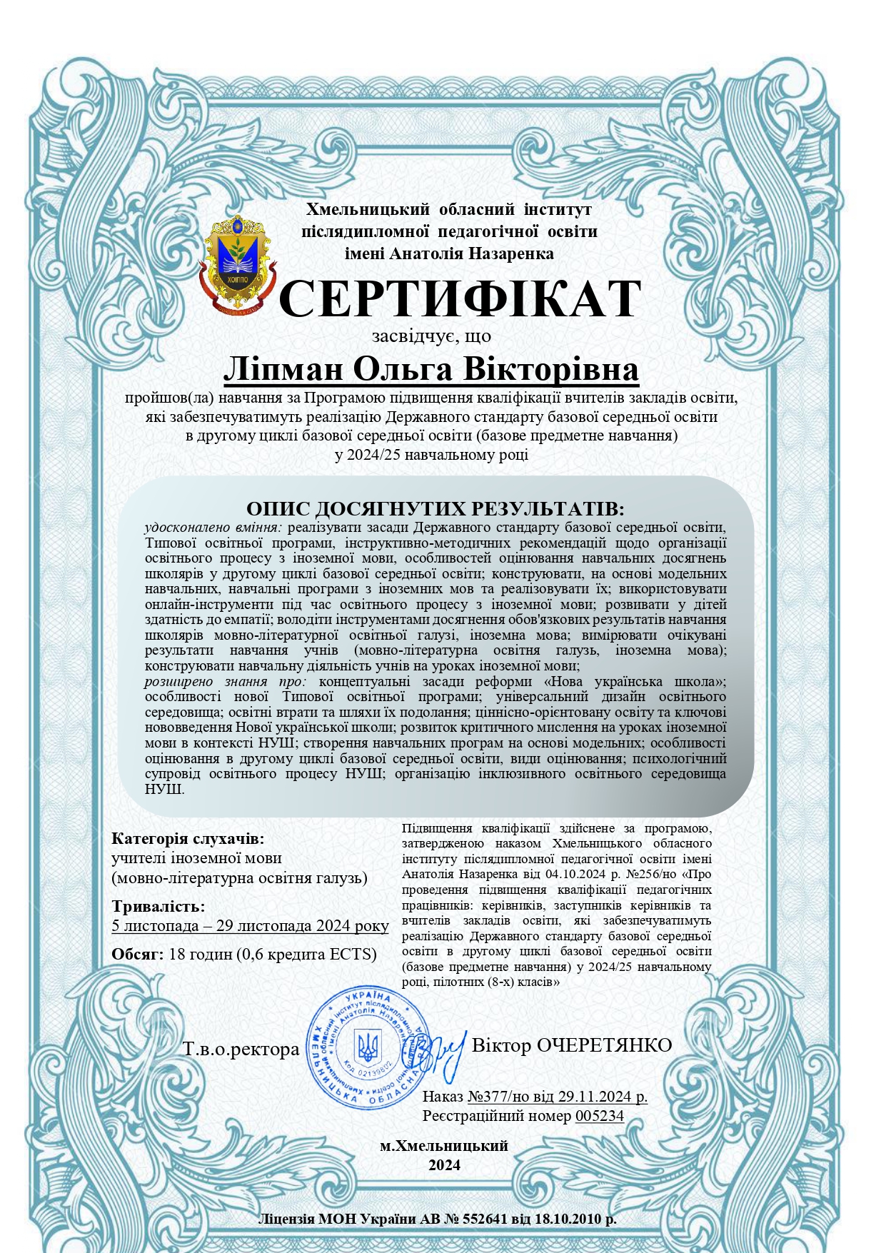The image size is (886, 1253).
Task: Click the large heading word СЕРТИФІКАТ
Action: tap(459, 299)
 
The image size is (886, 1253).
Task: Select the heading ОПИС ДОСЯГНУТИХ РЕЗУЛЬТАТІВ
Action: tap(435, 509)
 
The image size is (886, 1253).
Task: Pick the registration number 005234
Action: tap(599, 1115)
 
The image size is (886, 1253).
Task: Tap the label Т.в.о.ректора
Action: tap(241, 1050)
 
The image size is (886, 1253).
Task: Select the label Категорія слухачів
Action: tap(188, 839)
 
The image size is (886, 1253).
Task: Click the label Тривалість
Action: tap(158, 907)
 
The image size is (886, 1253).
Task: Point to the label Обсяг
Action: tap(138, 954)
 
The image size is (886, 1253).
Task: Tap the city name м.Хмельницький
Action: tap(443, 1146)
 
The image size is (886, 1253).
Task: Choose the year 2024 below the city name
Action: tap(444, 1165)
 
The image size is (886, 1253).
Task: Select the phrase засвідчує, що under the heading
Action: tap(431, 336)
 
